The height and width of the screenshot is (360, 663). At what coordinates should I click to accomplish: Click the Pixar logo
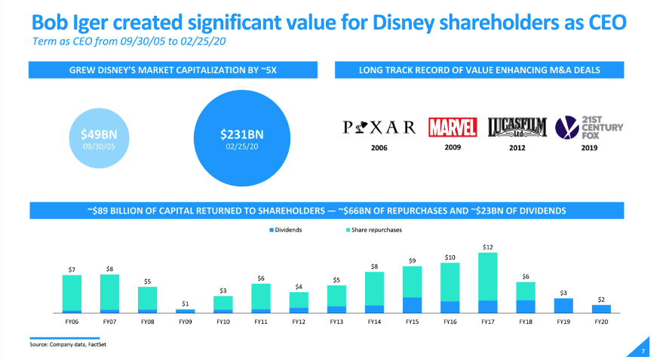pyautogui.click(x=379, y=126)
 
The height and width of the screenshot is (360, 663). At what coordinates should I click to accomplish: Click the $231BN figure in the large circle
pyautogui.click(x=241, y=134)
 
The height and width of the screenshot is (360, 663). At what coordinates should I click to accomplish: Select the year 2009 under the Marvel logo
pyautogui.click(x=453, y=147)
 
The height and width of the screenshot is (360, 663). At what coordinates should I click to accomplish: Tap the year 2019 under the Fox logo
pyautogui.click(x=588, y=148)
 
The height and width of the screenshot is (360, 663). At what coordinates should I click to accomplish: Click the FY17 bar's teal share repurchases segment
pyautogui.click(x=487, y=276)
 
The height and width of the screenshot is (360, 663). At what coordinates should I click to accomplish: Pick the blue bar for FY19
pyautogui.click(x=563, y=305)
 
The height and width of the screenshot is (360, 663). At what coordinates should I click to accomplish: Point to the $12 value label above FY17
pyautogui.click(x=487, y=247)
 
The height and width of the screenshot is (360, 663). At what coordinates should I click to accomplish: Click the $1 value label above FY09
pyautogui.click(x=185, y=303)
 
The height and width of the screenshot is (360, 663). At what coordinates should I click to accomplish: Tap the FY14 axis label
pyautogui.click(x=374, y=321)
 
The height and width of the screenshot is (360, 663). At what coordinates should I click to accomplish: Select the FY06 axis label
pyautogui.click(x=72, y=321)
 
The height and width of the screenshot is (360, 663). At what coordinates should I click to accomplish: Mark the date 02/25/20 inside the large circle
pyautogui.click(x=241, y=146)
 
